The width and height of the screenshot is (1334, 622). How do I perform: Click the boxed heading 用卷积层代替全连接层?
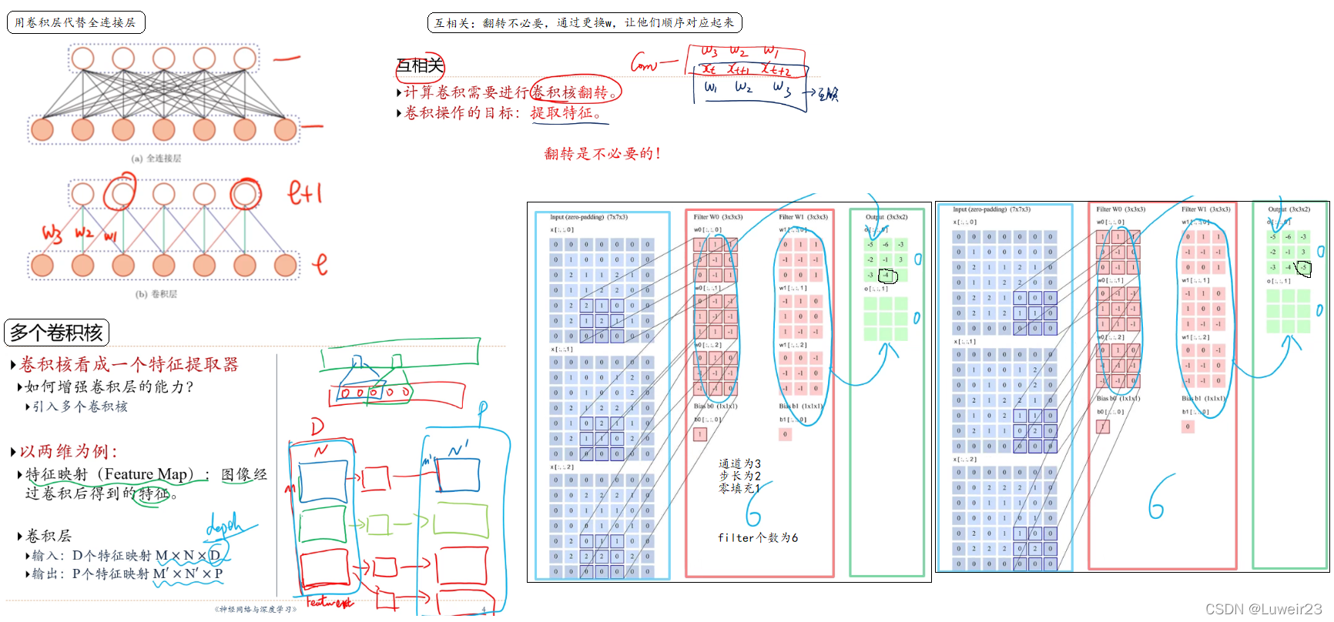pyautogui.click(x=75, y=22)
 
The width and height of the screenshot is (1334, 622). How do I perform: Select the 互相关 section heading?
pyautogui.click(x=420, y=65)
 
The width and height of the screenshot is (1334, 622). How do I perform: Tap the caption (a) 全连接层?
pyautogui.click(x=156, y=159)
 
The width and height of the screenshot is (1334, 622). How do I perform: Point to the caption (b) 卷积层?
pyautogui.click(x=156, y=294)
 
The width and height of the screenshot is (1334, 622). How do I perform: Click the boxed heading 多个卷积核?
pyautogui.click(x=56, y=333)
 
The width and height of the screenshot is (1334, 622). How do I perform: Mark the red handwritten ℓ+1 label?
pyautogui.click(x=304, y=192)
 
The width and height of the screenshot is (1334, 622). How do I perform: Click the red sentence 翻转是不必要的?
pyautogui.click(x=602, y=154)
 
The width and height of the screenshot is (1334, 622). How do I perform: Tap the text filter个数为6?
pyautogui.click(x=757, y=538)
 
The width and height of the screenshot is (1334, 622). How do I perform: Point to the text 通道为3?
pyautogui.click(x=739, y=463)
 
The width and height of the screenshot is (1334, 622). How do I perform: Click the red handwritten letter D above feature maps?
pyautogui.click(x=317, y=426)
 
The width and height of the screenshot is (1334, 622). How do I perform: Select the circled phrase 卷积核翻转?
pyautogui.click(x=575, y=92)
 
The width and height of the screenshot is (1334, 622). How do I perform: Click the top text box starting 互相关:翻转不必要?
pyautogui.click(x=584, y=22)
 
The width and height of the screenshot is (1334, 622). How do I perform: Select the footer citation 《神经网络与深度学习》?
pyautogui.click(x=255, y=609)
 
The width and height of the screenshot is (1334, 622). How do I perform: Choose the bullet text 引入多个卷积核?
pyautogui.click(x=80, y=406)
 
